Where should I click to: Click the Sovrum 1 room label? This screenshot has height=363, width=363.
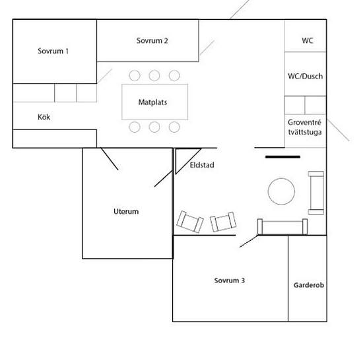(x=53, y=51)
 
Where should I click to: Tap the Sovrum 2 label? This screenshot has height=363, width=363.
(x=152, y=40)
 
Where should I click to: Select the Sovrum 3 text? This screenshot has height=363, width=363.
(x=230, y=280)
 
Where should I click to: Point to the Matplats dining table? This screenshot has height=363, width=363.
(x=154, y=102)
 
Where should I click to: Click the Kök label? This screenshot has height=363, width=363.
(x=44, y=117)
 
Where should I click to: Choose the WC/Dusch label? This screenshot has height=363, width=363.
(x=306, y=76)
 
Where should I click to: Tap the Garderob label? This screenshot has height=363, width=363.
(x=309, y=285)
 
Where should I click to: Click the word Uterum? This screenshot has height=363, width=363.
(x=126, y=211)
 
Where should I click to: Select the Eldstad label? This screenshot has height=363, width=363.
(x=202, y=165)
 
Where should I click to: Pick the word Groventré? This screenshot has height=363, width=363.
(x=304, y=122)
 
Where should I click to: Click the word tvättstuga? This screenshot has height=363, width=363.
(x=305, y=132)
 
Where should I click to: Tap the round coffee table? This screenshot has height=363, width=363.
(x=281, y=191)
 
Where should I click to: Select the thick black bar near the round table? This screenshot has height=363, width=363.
(x=282, y=157)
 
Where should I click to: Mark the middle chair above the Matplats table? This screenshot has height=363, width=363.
(x=154, y=75)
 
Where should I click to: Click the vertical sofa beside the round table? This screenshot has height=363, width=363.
(x=316, y=193)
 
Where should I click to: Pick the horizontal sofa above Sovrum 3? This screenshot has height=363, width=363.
(x=282, y=226)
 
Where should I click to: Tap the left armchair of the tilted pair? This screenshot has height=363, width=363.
(x=190, y=222)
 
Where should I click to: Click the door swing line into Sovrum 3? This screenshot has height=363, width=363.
(x=249, y=241)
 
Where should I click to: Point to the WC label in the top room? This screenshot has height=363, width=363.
(x=308, y=40)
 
